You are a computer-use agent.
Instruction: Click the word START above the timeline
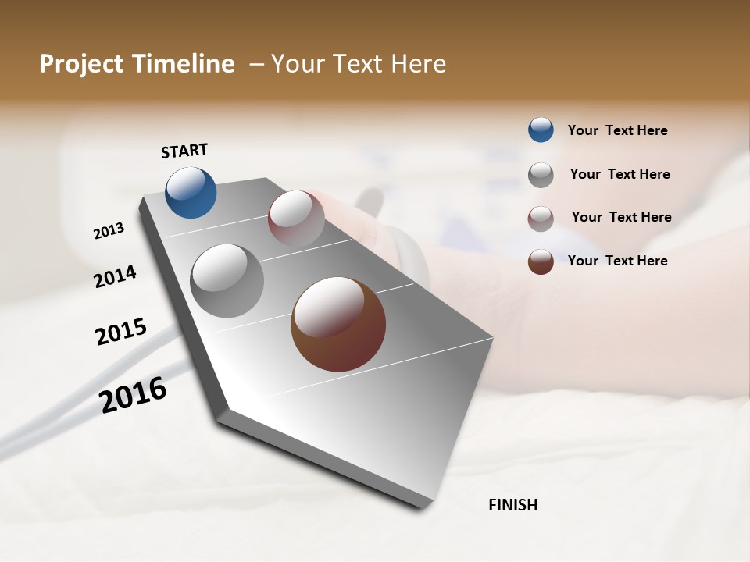pos(184,151)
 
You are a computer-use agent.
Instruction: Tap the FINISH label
pos(513,505)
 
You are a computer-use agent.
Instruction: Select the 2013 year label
pos(109,231)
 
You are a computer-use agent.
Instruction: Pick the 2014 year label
pos(115,277)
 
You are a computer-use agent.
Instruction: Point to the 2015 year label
pos(121,332)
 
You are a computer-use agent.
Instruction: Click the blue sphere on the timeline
pos(191,192)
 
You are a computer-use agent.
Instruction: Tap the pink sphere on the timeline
pos(296,218)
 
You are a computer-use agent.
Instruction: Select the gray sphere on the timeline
pos(227,280)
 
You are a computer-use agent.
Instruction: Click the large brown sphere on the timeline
pos(338,324)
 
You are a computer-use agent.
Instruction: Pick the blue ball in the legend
pos(541,130)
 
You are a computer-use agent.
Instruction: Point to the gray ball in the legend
pos(541,175)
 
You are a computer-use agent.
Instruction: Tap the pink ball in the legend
pos(541,219)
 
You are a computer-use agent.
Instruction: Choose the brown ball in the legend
pos(541,261)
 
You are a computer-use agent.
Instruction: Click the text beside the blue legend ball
pos(617,130)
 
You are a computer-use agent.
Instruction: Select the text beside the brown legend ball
pos(617,261)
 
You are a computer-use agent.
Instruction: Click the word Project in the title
pos(81,64)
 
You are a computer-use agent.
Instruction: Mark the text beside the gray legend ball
pos(620,174)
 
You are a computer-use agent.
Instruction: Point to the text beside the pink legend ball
pos(621,217)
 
